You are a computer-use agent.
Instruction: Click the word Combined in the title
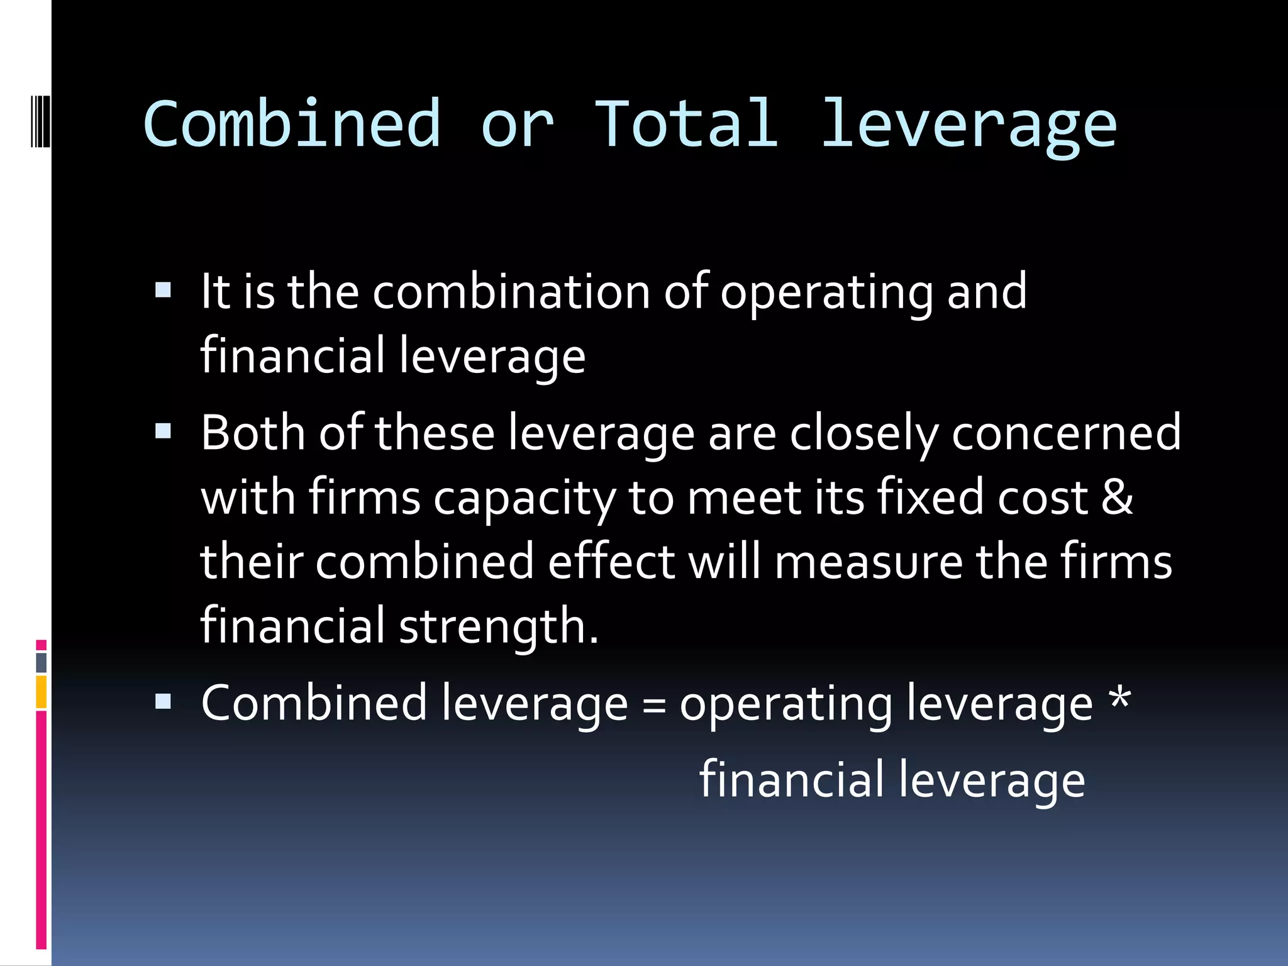point(292,124)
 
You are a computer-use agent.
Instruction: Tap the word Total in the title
point(686,124)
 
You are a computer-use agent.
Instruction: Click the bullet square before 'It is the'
point(163,290)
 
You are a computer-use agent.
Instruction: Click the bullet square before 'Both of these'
point(163,431)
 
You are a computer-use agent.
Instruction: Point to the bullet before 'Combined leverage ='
point(163,701)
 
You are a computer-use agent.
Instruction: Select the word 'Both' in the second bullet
point(253,433)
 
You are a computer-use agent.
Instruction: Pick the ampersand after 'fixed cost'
point(1117,497)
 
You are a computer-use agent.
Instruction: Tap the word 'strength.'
point(498,627)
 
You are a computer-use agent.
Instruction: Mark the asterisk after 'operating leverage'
point(1119,698)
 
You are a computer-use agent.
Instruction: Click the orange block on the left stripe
point(42,692)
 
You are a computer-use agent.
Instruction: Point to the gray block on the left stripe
point(42,662)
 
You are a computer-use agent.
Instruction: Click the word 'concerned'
point(1066,433)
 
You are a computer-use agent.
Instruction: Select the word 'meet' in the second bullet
point(743,498)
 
